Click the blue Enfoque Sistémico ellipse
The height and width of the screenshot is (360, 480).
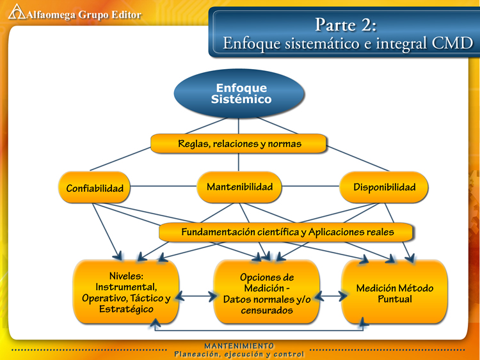click(239, 93)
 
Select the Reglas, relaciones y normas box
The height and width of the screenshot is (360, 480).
click(239, 143)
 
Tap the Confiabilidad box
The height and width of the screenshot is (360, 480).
click(94, 187)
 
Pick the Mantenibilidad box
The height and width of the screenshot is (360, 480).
click(239, 187)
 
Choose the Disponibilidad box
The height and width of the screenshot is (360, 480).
click(384, 187)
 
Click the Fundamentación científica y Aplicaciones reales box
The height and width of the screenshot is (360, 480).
click(286, 232)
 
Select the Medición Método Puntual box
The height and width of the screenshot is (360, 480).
click(395, 292)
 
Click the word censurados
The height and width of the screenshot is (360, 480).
click(267, 311)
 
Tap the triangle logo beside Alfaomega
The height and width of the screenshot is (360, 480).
click(17, 12)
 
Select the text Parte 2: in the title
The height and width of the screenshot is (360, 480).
click(346, 24)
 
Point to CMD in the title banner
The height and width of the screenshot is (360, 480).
click(452, 43)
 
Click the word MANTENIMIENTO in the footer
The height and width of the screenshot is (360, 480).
click(239, 346)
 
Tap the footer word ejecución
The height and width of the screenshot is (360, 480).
click(243, 354)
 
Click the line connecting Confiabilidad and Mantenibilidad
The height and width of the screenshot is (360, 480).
click(163, 186)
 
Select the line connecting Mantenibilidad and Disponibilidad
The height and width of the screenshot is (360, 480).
click(310, 186)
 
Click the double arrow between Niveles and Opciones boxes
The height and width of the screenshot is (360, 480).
click(196, 296)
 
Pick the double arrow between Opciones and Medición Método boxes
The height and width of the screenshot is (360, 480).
click(331, 296)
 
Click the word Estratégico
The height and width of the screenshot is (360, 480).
click(126, 309)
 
